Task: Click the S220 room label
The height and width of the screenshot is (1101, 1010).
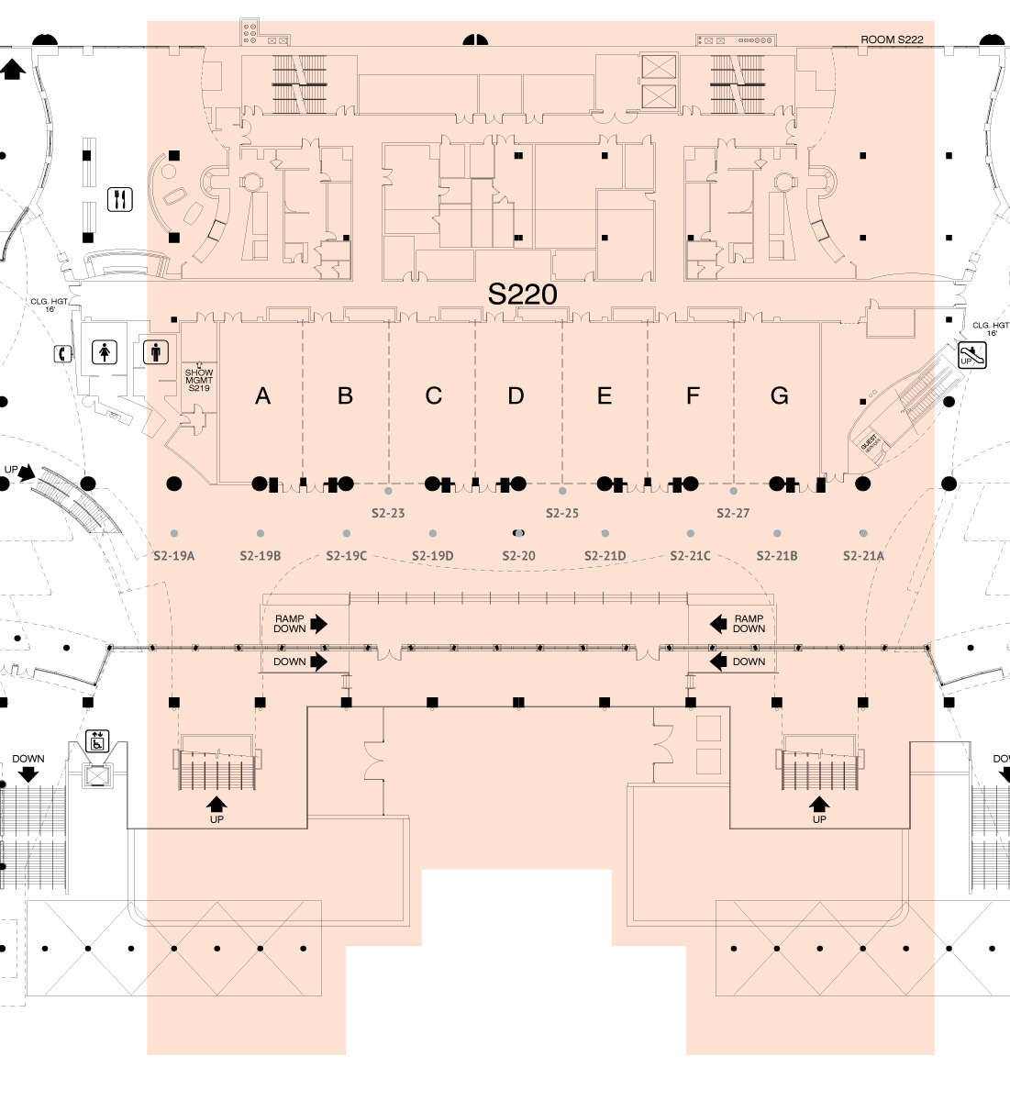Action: coord(522,294)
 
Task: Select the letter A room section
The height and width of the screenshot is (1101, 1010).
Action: coord(263,396)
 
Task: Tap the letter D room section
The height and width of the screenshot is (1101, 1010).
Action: coord(516,396)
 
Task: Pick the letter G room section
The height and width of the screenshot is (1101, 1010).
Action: coord(780,396)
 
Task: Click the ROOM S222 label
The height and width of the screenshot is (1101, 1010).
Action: coord(892,40)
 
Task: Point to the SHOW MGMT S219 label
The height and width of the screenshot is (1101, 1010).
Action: coord(199,380)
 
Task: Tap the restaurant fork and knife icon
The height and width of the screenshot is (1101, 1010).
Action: coord(120,199)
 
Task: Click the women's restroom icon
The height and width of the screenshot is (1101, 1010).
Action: coord(106,351)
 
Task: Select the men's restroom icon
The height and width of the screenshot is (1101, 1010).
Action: coord(156,351)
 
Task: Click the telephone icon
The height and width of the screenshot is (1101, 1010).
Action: coord(62,353)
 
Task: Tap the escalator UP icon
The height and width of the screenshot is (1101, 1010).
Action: coord(971,355)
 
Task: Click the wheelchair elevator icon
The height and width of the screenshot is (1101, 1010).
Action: coord(97,740)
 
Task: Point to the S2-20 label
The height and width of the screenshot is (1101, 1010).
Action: coord(519,556)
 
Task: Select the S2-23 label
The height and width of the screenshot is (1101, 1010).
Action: coord(388,513)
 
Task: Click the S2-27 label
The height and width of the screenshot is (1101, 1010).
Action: coord(733,513)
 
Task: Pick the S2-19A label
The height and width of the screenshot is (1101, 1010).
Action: coord(174,556)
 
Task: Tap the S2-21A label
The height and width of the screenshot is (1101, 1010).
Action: coord(863,556)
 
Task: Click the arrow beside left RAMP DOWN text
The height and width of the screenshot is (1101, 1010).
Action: coord(318,624)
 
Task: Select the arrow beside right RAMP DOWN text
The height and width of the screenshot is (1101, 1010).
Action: coord(719,624)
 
